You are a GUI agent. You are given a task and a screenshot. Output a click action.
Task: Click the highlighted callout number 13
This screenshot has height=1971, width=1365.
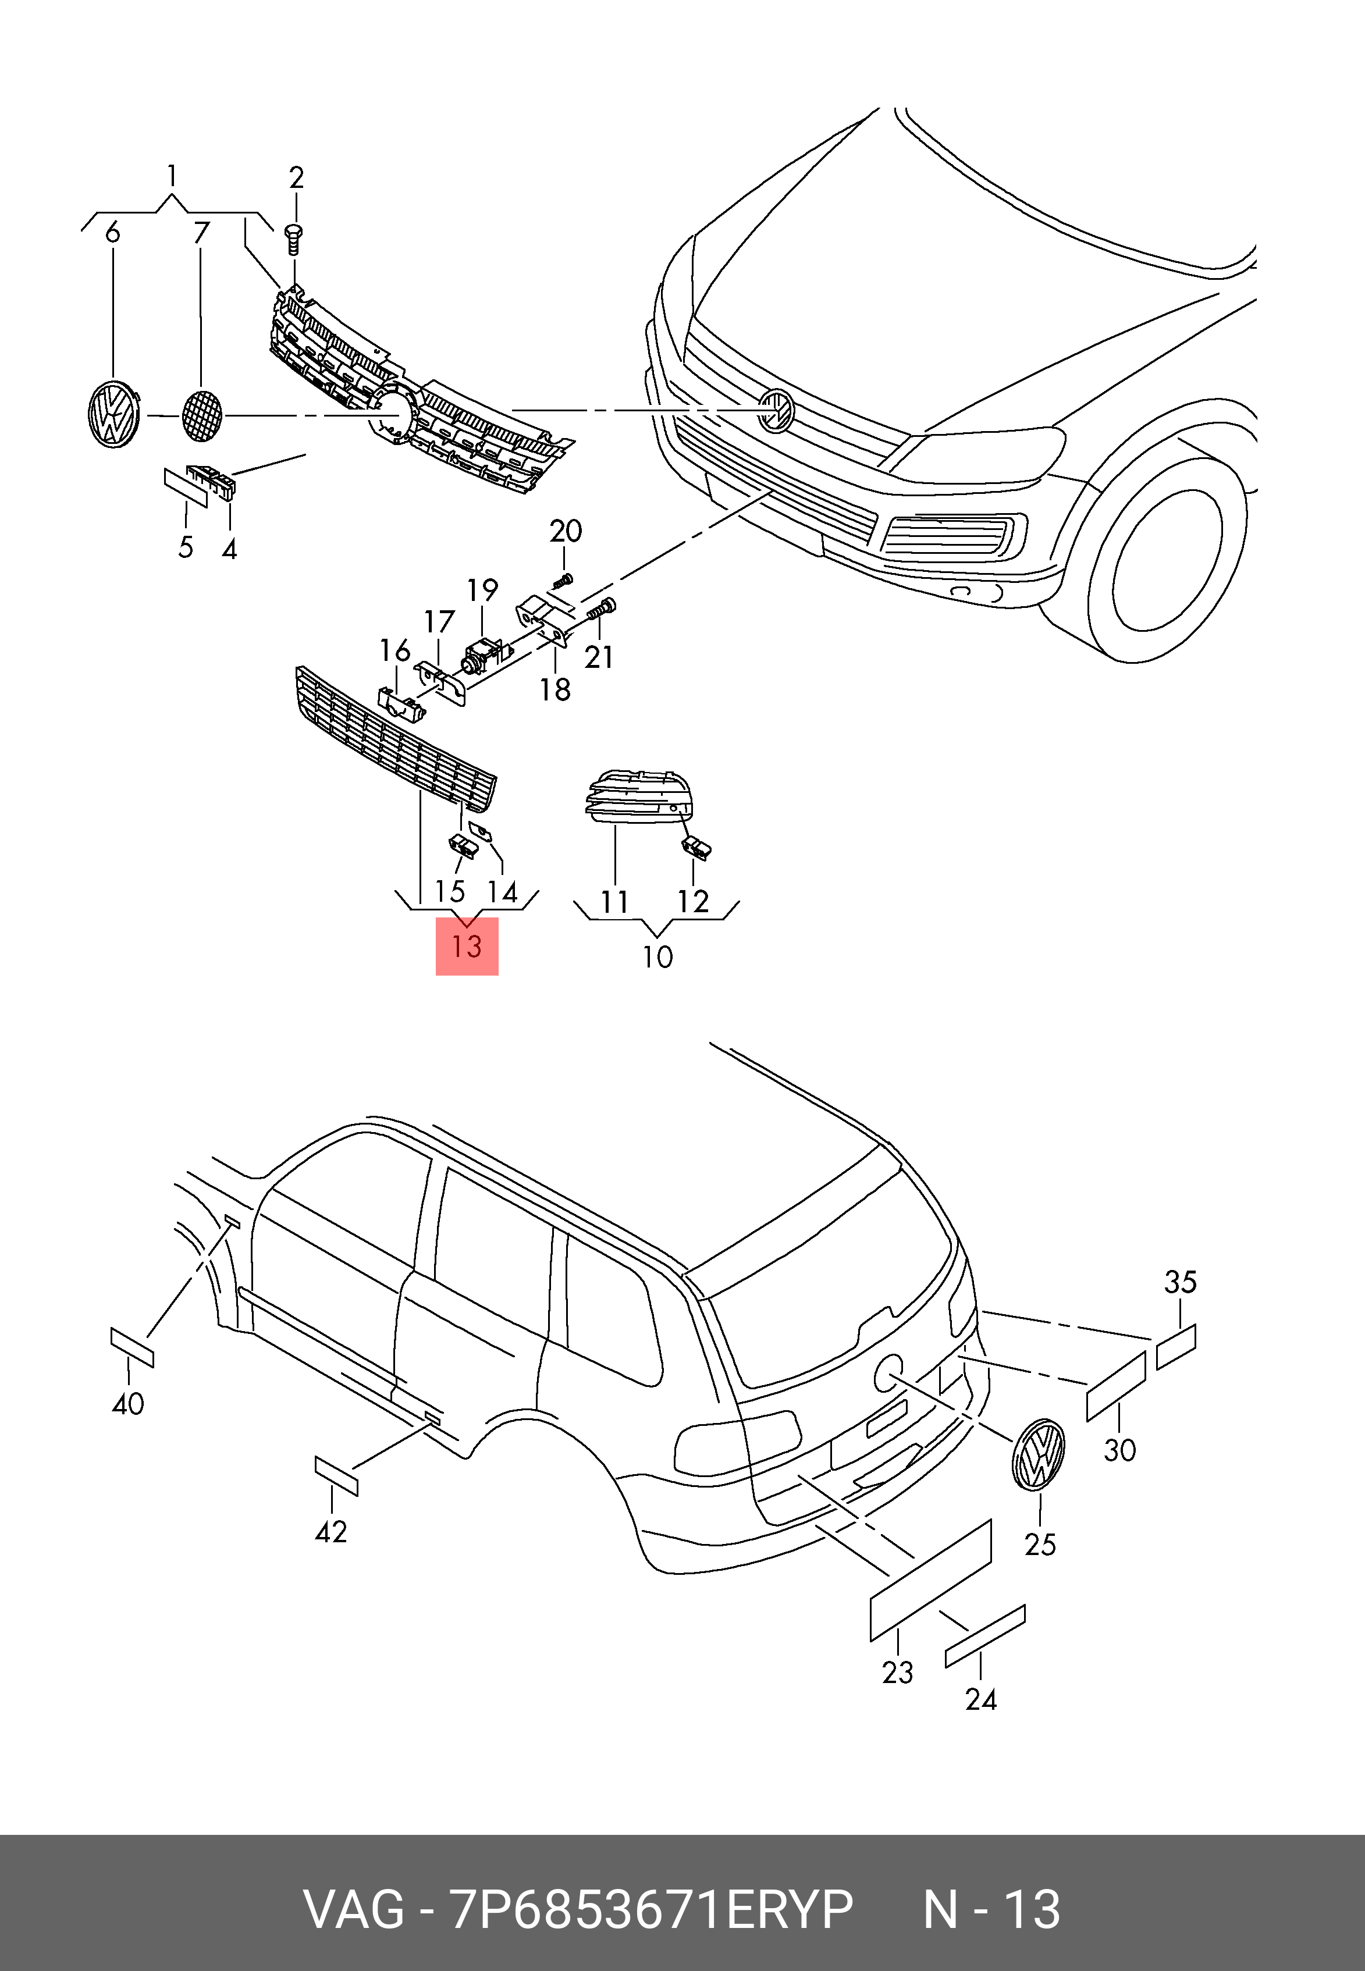coord(467,947)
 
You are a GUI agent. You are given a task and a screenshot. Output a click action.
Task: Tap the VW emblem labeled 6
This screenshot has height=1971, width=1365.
coord(114,415)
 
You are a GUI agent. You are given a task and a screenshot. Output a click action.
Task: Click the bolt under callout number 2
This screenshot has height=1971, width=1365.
coord(295,240)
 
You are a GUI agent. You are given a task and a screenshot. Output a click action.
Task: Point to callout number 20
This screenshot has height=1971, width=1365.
coord(566,531)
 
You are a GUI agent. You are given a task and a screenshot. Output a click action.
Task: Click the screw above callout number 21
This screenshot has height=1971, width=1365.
coord(602,610)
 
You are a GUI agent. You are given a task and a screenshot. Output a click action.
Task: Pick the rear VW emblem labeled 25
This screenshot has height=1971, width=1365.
coord(1038,1454)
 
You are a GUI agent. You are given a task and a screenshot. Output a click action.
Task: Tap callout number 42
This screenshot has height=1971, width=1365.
coord(331,1531)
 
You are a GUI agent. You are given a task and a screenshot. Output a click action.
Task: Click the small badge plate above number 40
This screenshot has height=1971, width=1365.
coord(133,1347)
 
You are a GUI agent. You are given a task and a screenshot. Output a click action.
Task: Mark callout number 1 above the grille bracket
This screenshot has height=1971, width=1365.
coord(172,176)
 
